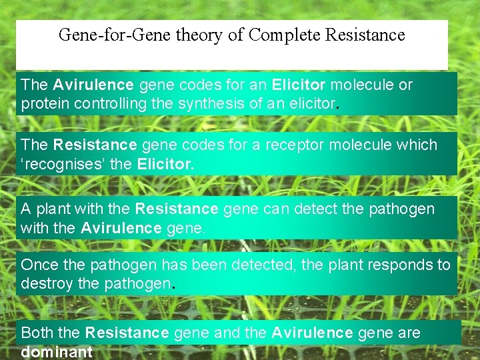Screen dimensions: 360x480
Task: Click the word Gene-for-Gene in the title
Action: point(115,35)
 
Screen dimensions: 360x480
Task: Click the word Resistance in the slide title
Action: point(365,35)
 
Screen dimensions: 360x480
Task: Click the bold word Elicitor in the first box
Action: point(299,85)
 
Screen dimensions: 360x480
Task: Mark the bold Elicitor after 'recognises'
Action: point(165,164)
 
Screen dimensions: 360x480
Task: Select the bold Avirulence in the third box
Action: point(121,228)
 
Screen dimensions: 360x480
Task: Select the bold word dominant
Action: point(57,352)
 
